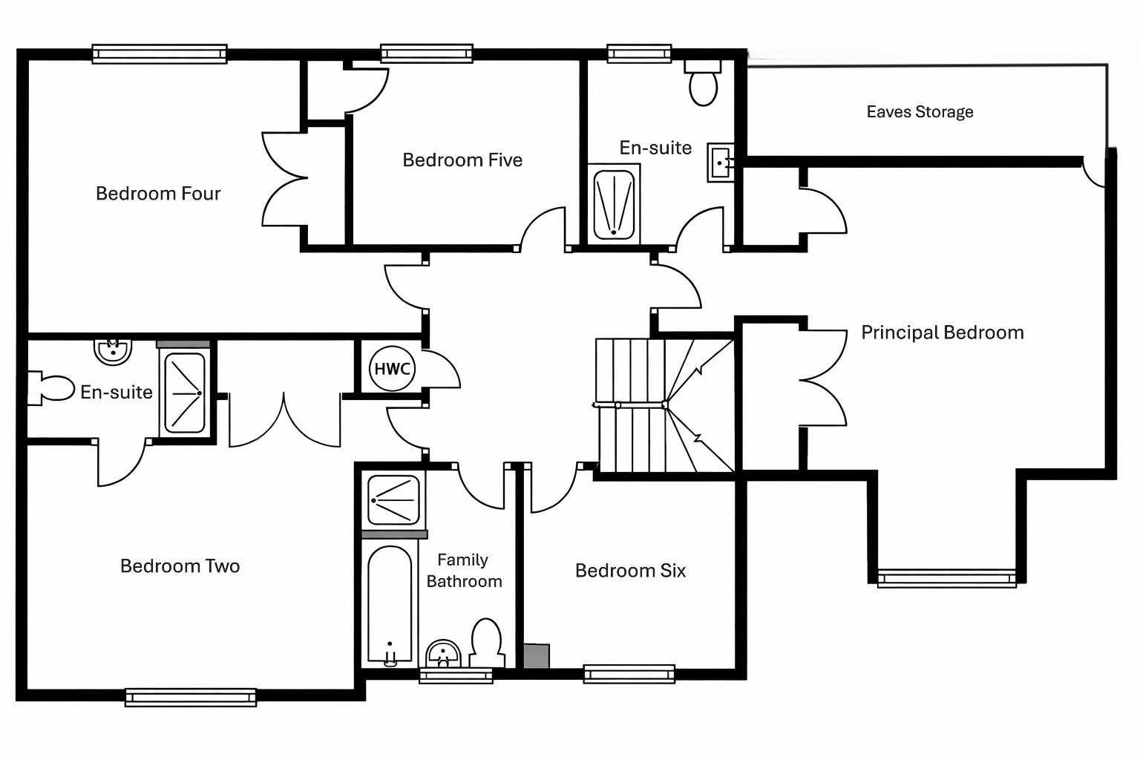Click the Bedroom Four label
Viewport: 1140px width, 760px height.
158,194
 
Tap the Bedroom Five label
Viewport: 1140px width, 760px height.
462,160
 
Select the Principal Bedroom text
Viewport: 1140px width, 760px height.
942,332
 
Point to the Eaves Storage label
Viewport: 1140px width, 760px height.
920,111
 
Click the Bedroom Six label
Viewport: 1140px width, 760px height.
630,571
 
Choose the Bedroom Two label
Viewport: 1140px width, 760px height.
180,566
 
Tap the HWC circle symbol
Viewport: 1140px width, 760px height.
392,369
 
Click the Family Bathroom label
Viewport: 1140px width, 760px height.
464,571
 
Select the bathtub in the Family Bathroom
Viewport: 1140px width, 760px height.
390,604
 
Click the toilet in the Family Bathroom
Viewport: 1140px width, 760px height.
487,643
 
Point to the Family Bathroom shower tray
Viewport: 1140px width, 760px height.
393,500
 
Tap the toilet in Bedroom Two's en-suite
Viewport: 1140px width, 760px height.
51,388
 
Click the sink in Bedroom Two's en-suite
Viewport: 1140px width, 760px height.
113,351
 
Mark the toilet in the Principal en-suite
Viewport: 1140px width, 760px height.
703,83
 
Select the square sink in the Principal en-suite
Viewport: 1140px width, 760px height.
721,163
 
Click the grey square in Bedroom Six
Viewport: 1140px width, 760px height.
537,655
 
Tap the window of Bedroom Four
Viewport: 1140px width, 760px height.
160,53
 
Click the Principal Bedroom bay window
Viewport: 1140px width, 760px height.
946,578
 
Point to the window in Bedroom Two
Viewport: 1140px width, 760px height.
191,697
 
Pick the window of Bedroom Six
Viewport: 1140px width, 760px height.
629,673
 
